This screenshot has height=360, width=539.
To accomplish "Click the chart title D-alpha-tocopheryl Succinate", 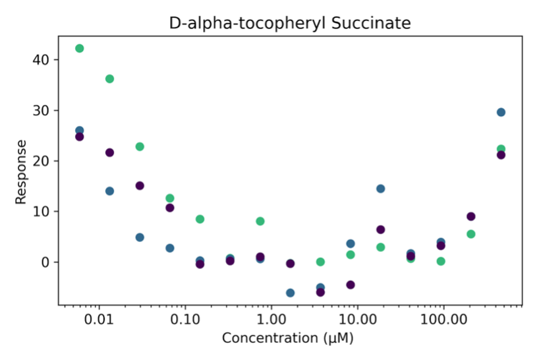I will coord(290,24).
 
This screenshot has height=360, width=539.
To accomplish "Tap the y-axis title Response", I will coord(21,171).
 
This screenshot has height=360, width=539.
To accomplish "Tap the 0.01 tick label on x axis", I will coord(99,320).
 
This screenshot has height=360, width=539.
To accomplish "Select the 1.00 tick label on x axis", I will coord(271,320).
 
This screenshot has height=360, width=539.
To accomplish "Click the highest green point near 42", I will coord(80,48).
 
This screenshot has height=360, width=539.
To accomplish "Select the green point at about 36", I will coord(109,79).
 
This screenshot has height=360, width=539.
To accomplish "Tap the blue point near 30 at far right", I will coord(501,112).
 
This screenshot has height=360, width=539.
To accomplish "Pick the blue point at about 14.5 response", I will coord(380,189).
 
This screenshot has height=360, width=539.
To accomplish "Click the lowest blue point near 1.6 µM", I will coord(290,293).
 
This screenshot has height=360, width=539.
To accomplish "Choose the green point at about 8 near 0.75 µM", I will coord(260,222).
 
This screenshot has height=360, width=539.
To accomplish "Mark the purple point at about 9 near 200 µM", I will coord(471,216).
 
